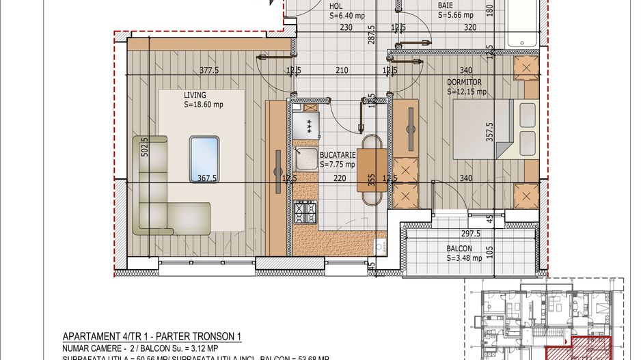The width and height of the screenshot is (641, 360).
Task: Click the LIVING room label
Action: tap(195, 95)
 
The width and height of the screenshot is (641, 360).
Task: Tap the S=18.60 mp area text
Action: tap(204, 105)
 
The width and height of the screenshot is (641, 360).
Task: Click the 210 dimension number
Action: tap(342, 70)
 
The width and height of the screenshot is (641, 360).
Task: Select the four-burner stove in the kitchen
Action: tap(305, 214)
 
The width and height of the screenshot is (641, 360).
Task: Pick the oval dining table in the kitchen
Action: tap(372, 169)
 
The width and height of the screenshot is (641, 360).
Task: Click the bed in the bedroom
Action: tap(487, 129)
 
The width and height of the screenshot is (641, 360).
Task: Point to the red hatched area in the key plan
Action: tap(589, 348)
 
